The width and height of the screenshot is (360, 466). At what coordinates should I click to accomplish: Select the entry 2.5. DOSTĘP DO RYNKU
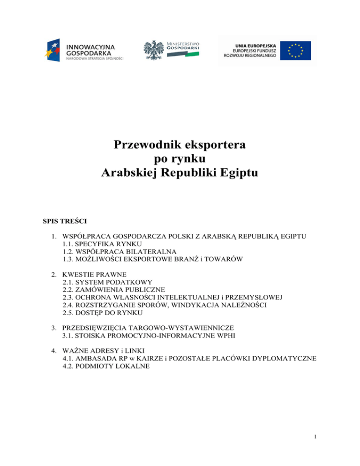click(x=102, y=316)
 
